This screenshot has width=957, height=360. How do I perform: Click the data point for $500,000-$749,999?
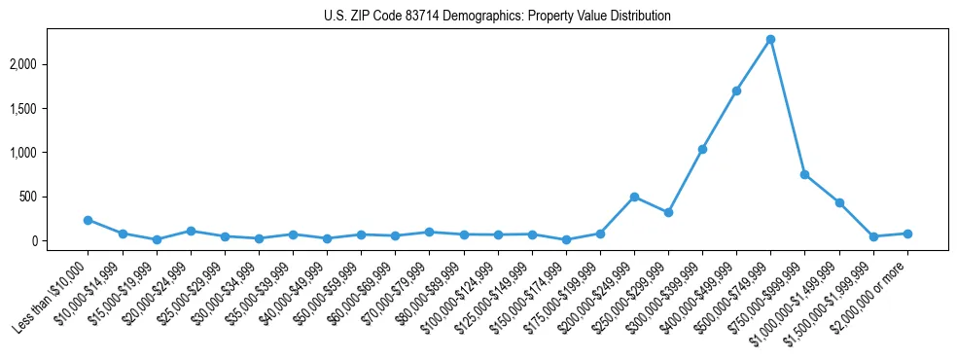pos(770,39)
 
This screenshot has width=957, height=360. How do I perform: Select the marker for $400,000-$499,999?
pos(736,90)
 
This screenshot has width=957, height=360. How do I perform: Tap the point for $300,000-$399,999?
pos(702,149)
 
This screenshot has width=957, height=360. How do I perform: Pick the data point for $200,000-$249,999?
pos(634,197)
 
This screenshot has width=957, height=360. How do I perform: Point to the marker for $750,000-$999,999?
pos(804,174)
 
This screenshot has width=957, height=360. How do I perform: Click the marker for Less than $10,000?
pos(88,220)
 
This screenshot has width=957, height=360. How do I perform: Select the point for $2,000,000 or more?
pos(907,234)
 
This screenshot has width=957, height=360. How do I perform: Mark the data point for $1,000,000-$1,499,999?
pos(839,202)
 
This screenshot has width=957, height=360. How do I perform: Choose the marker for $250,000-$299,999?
pos(668,212)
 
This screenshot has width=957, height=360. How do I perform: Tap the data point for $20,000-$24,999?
pos(191,231)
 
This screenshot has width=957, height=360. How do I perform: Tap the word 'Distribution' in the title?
pos(640,17)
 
